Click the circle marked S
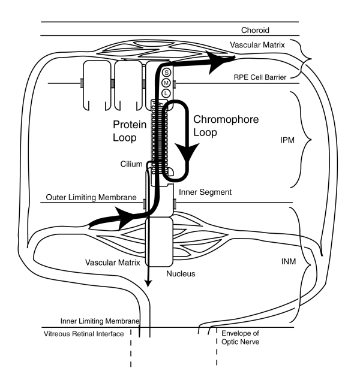[166, 73]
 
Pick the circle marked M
[166, 83]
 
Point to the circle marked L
[166, 93]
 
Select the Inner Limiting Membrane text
[100, 321]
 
